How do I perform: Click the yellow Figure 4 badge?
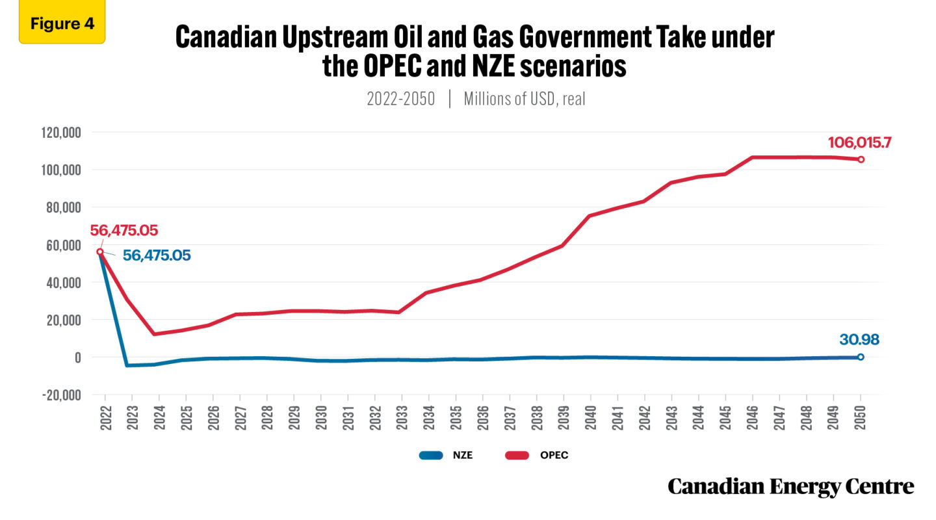pyautogui.click(x=62, y=24)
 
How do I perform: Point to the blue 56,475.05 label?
pyautogui.click(x=157, y=255)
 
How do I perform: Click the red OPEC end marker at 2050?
pyautogui.click(x=861, y=159)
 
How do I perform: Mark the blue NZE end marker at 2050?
pyautogui.click(x=861, y=357)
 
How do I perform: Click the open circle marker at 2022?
pyautogui.click(x=100, y=252)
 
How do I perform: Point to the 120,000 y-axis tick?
pyautogui.click(x=58, y=132)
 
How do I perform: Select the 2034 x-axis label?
pyautogui.click(x=428, y=415)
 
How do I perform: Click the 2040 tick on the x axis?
pyautogui.click(x=590, y=415)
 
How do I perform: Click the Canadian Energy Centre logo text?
pyautogui.click(x=790, y=486)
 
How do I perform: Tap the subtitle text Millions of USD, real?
pyautogui.click(x=525, y=99)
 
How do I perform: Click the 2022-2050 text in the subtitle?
pyautogui.click(x=400, y=99)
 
